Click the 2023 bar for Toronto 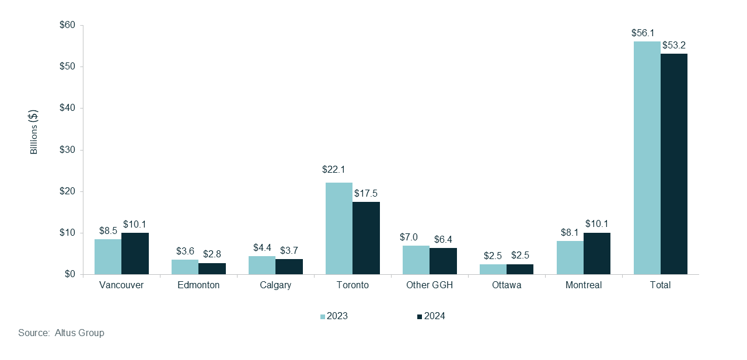pos(339,228)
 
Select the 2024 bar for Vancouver pos(135,254)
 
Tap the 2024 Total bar pos(674,164)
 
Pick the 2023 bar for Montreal pos(570,258)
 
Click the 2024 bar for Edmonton pos(212,268)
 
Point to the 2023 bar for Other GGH pos(416,260)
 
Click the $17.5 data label pos(366,193)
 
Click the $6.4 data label pos(443,239)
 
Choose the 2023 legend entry pos(334,316)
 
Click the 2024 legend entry pos(431,316)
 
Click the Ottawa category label pos(506,285)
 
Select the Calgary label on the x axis pos(275,285)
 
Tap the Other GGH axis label pos(430,285)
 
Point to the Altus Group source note pos(61,333)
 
